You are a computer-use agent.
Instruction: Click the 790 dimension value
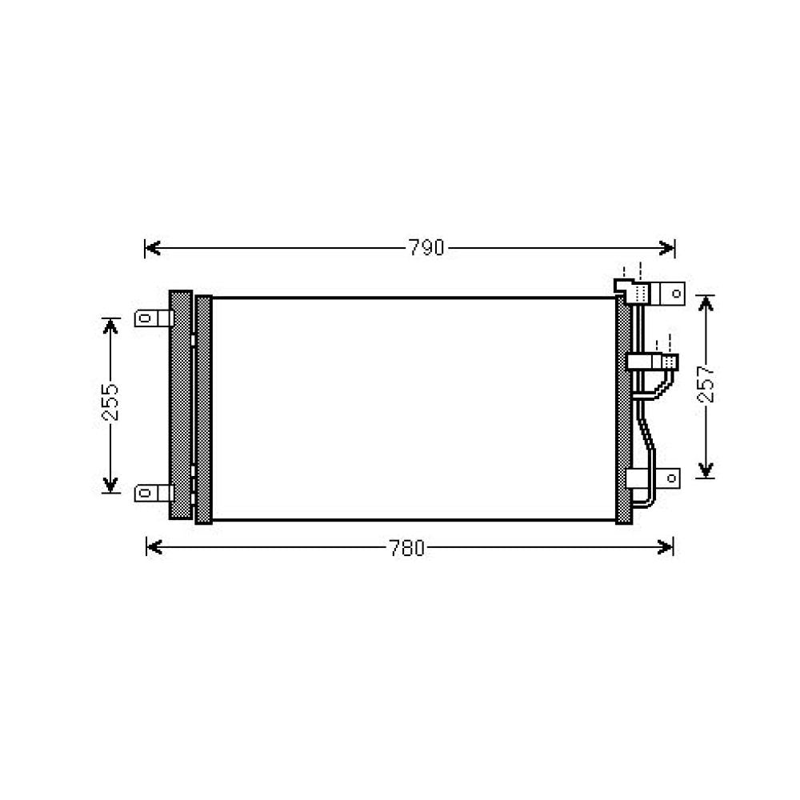[426, 248]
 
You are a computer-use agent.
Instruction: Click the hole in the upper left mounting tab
[145, 318]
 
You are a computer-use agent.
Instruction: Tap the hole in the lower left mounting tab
[145, 493]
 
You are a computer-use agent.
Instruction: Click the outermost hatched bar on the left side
[181, 405]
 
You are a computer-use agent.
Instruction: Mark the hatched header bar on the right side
[623, 408]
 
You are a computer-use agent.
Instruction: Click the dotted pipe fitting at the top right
[640, 294]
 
